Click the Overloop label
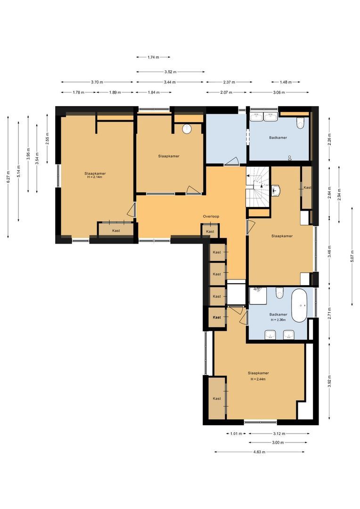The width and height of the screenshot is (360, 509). [x=211, y=216]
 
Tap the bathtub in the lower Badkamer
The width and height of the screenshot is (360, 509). [x=299, y=306]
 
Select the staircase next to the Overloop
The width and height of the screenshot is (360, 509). [x=257, y=186]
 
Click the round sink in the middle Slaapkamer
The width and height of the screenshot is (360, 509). [x=187, y=129]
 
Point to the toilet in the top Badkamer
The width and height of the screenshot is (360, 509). [x=300, y=123]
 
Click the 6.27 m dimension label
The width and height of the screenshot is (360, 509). [x=8, y=177]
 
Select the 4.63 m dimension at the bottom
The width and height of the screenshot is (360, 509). [x=259, y=452]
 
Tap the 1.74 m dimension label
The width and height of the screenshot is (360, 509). [x=152, y=57]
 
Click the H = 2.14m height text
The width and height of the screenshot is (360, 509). [x=95, y=178]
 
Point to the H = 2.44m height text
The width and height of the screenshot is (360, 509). [x=258, y=379]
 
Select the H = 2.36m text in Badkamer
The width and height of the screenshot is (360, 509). [x=278, y=320]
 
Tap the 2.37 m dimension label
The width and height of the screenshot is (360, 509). [x=227, y=82]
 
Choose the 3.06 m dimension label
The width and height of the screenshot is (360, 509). [x=279, y=92]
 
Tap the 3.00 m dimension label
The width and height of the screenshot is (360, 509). [x=278, y=443]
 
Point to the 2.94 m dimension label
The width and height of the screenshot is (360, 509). [x=339, y=193]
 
